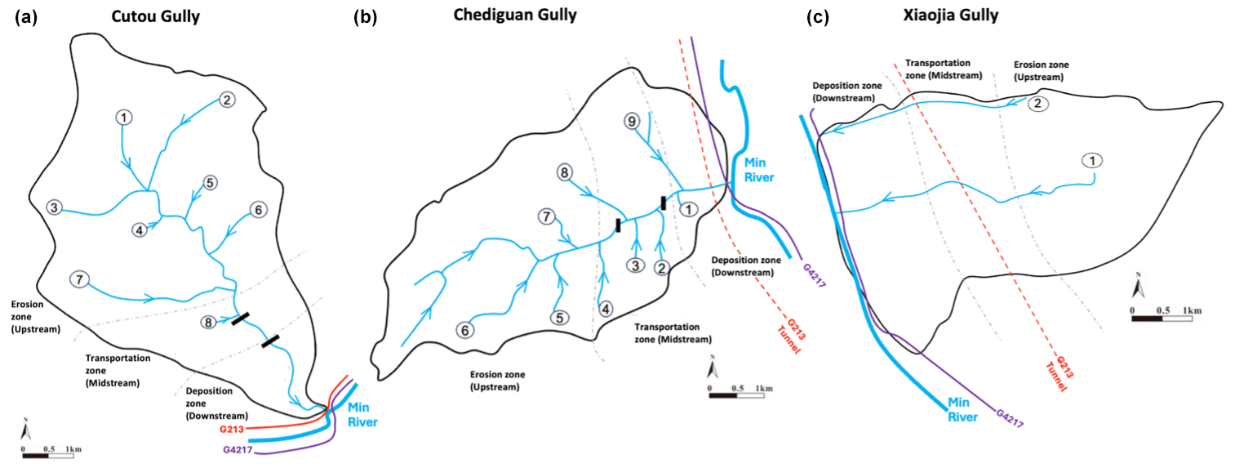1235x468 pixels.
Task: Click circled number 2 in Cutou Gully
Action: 227,100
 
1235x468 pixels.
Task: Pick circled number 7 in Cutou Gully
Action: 79,278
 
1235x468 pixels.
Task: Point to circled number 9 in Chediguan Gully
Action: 631,121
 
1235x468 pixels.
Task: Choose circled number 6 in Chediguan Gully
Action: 465,330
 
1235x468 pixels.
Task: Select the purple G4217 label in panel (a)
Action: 238,449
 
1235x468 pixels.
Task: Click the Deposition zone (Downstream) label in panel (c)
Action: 843,91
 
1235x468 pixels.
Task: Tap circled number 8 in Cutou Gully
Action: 210,323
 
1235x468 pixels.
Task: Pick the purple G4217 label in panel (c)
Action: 1009,417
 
